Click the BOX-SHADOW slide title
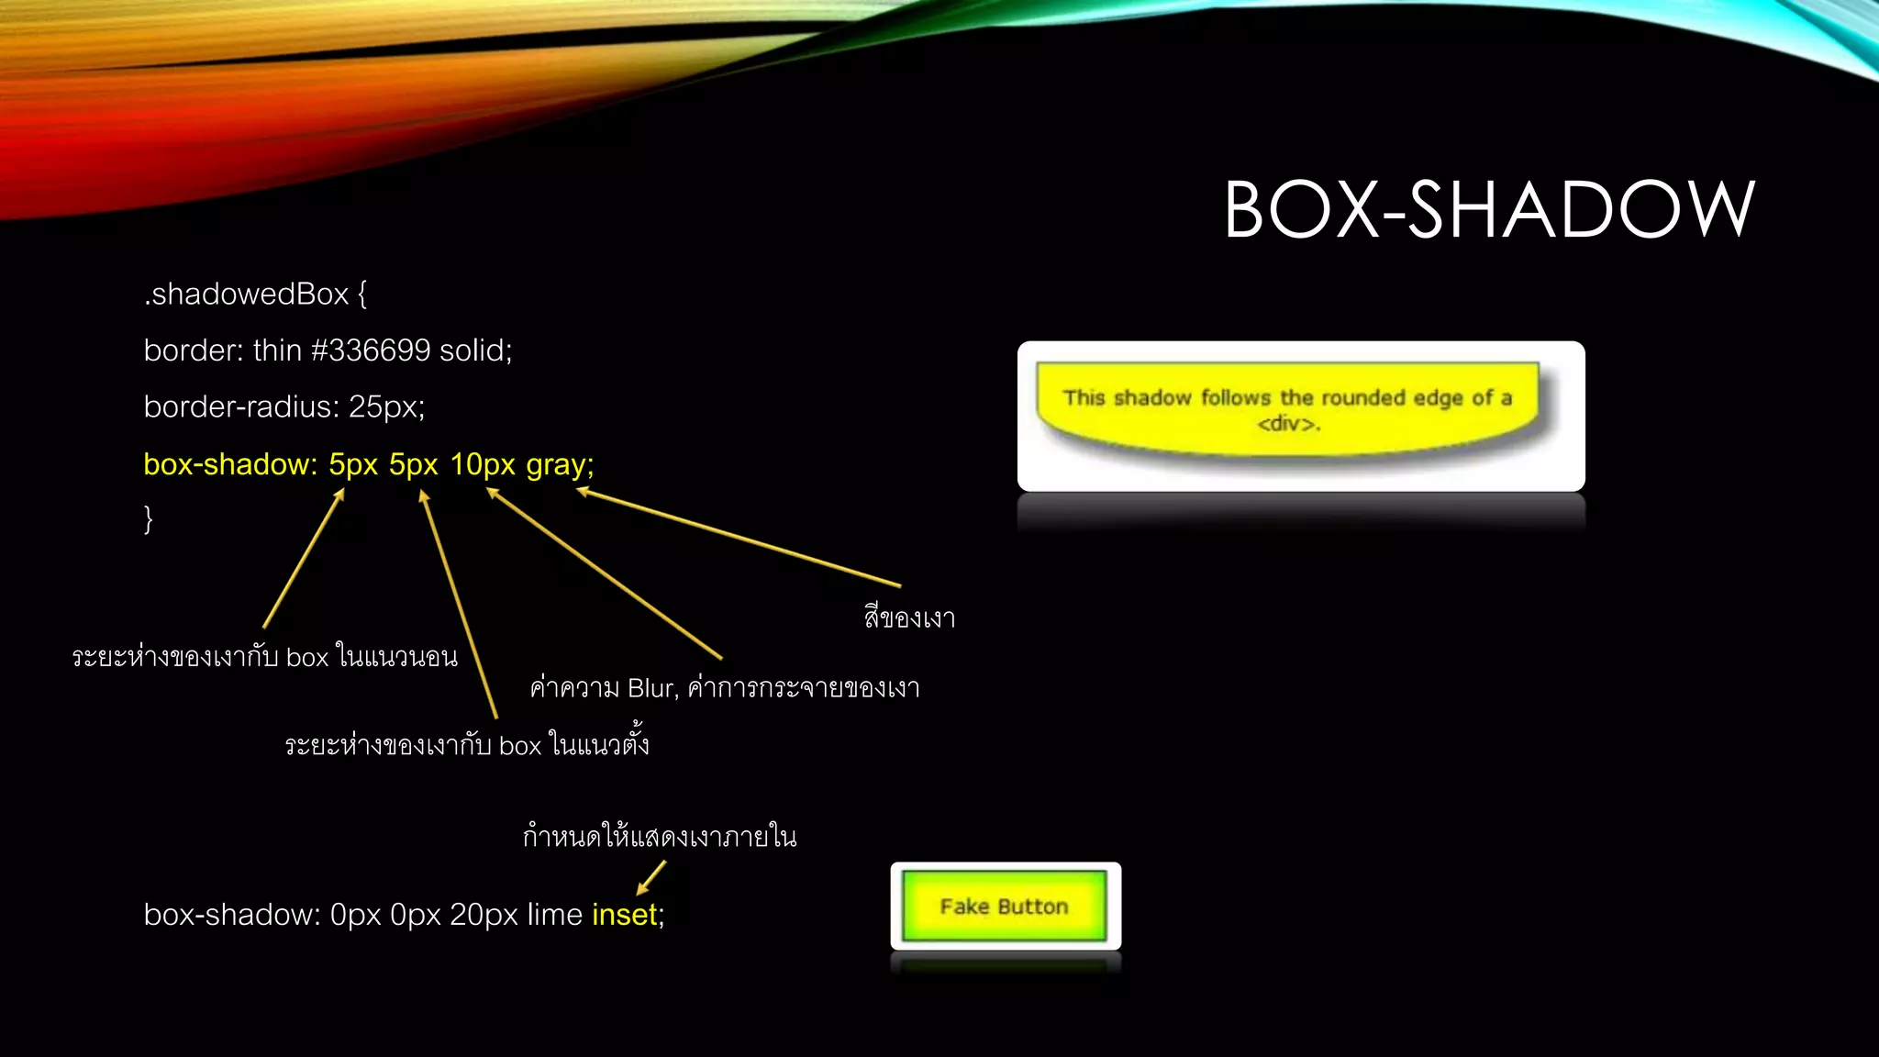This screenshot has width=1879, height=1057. (x=1489, y=209)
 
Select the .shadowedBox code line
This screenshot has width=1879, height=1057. (x=255, y=295)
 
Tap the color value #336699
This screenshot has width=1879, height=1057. (x=371, y=350)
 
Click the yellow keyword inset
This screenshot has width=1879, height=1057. (x=625, y=915)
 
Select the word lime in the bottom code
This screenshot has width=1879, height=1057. (x=555, y=915)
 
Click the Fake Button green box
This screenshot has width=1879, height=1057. (x=1005, y=907)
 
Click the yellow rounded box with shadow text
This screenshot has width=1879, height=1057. (x=1287, y=408)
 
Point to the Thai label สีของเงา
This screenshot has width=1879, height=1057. (x=909, y=618)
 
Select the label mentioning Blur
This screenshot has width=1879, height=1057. (x=725, y=688)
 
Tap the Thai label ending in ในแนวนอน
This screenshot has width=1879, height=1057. (x=265, y=657)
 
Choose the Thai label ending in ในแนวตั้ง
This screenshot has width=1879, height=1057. (x=467, y=744)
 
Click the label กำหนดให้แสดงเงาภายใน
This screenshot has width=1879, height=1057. (x=660, y=837)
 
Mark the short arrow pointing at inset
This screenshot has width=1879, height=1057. (x=651, y=877)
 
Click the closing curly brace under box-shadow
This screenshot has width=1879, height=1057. (x=149, y=519)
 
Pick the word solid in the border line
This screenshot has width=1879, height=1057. (x=474, y=350)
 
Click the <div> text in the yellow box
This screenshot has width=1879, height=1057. (x=1287, y=424)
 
